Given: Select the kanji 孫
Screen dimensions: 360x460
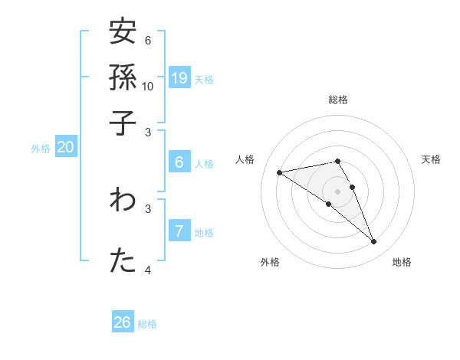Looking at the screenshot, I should tap(123, 77).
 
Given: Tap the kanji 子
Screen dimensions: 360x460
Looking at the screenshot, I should tap(123, 123).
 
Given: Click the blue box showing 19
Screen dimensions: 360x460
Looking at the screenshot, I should tap(179, 77).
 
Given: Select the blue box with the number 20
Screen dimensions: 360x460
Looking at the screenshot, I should tap(65, 148).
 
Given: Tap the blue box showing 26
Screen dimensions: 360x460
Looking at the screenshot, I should tap(123, 322).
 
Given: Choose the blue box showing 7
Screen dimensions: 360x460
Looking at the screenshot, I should tap(179, 231).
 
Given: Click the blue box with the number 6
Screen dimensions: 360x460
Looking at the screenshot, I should tap(179, 162).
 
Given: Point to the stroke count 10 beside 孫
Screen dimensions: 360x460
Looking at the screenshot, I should tap(148, 86).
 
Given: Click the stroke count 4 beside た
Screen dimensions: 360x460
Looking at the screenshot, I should tap(148, 270).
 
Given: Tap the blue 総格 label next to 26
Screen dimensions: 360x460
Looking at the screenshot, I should tap(147, 324).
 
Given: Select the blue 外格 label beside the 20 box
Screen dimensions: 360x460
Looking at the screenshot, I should tap(41, 149).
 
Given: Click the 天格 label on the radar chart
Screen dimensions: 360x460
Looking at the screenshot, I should tap(431, 159).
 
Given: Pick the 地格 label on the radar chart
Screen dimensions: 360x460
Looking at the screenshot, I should tap(402, 262).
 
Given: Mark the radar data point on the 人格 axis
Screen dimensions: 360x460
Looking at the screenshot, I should tap(280, 172).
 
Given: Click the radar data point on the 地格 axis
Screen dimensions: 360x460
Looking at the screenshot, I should tap(374, 242).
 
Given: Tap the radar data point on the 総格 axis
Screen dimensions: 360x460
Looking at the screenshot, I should tap(337, 161).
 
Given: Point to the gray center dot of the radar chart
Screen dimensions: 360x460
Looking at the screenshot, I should tap(337, 191).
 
